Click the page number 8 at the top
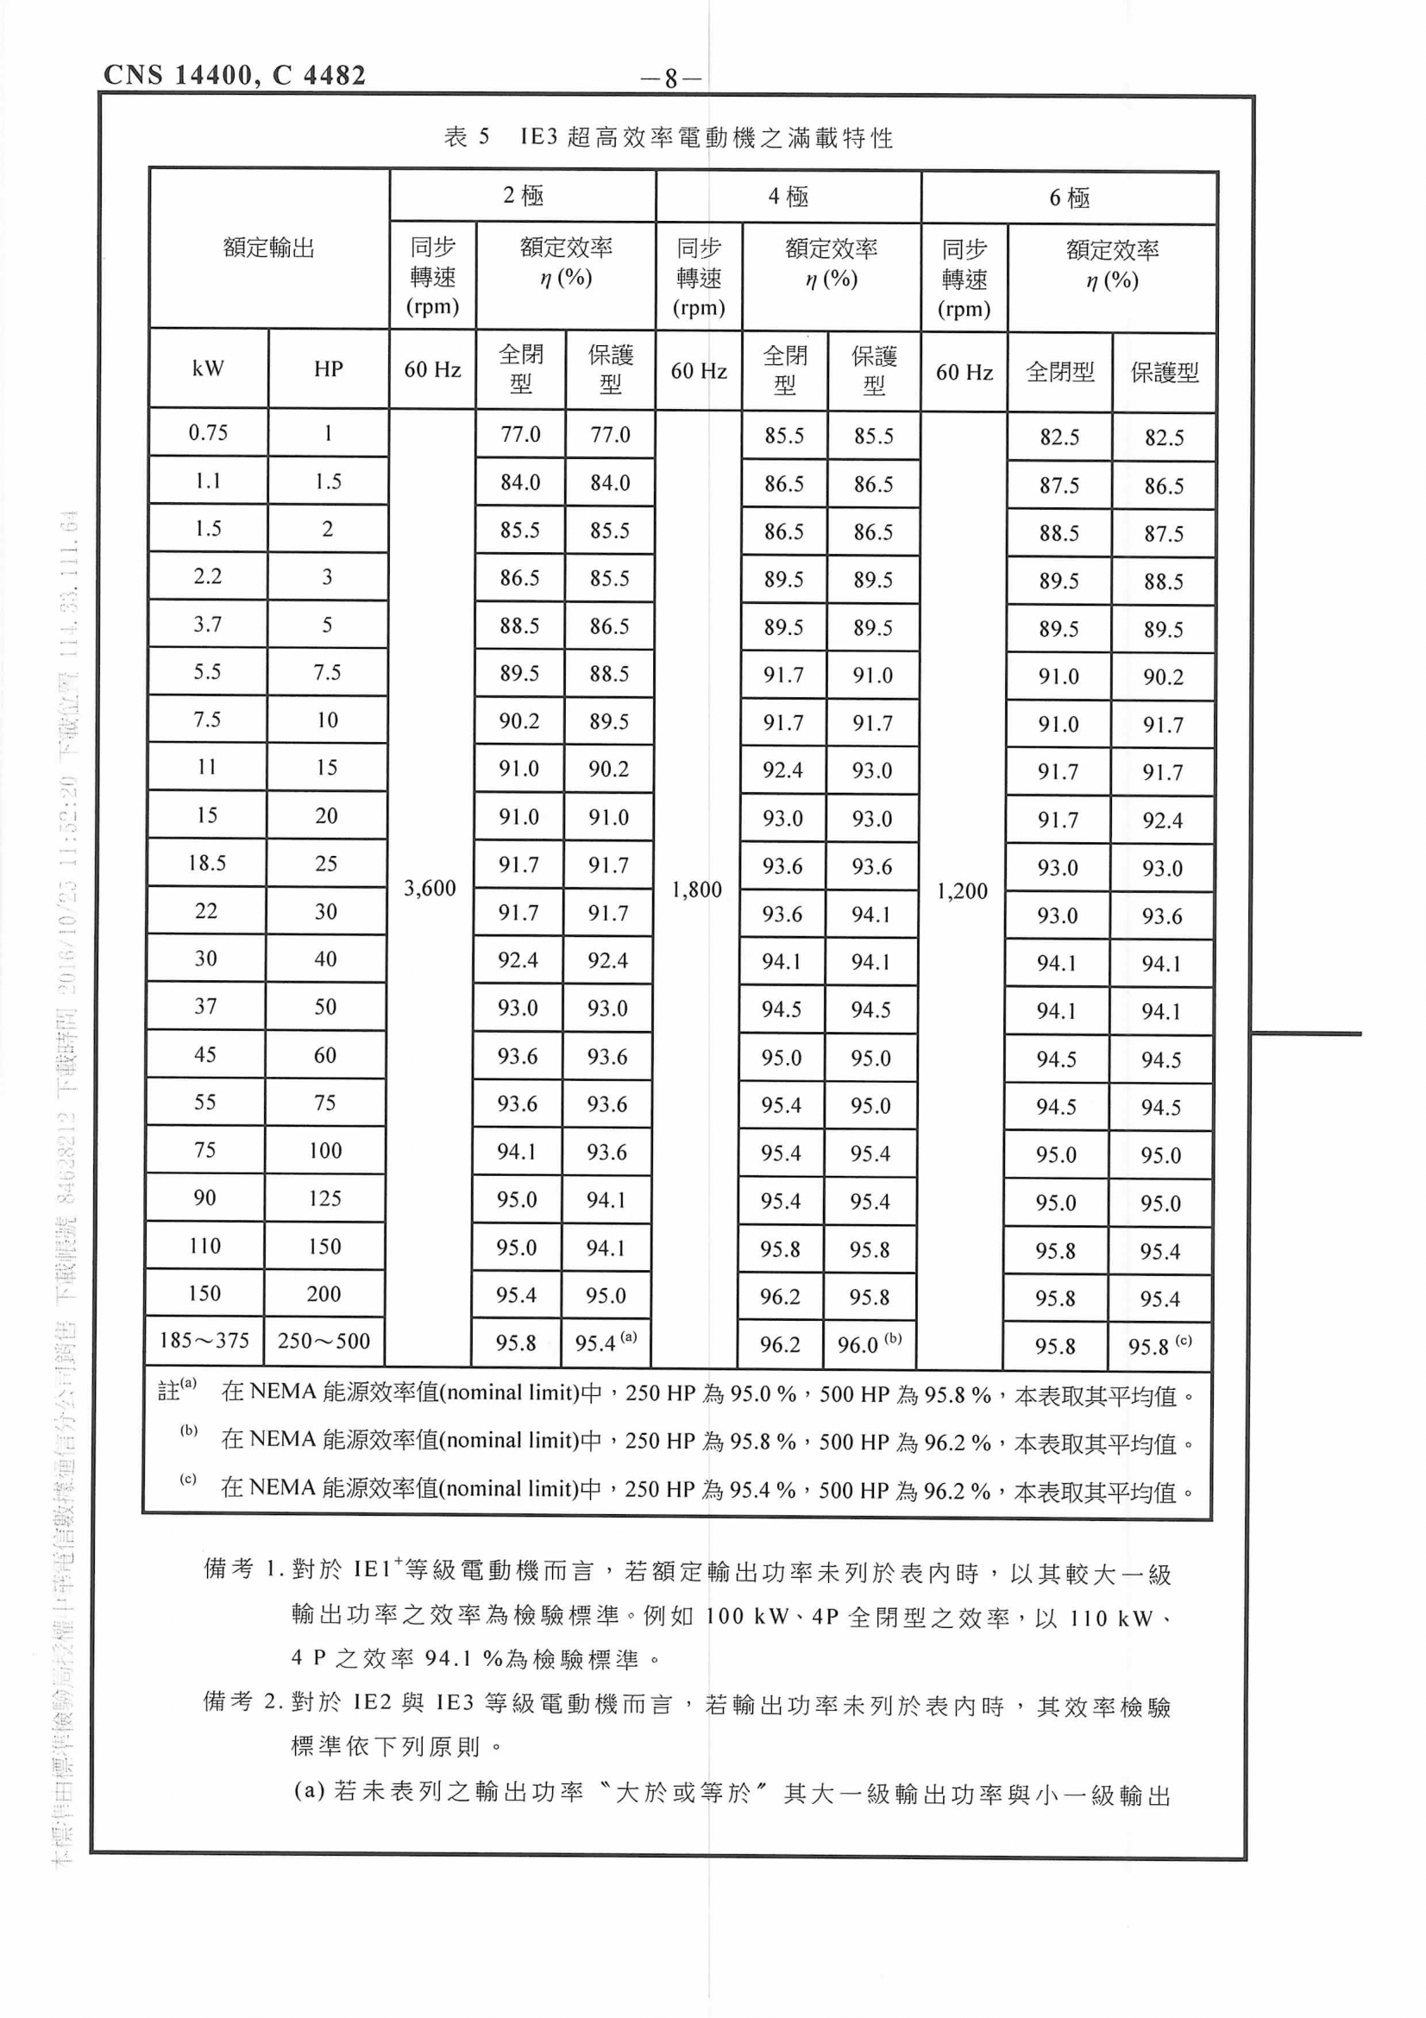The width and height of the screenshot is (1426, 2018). (670, 79)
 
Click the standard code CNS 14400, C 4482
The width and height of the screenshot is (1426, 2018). (235, 76)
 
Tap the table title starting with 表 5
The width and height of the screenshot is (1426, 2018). (668, 137)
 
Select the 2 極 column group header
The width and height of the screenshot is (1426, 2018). (523, 195)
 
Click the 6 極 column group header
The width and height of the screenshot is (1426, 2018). (1069, 198)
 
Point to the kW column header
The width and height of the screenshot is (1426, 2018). (208, 368)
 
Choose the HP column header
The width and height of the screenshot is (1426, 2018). (328, 369)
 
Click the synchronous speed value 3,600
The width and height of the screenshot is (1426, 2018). (430, 889)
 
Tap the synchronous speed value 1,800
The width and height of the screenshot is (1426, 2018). (697, 890)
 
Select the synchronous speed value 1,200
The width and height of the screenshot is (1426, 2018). (962, 891)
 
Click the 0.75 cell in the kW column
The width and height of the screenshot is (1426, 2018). (208, 432)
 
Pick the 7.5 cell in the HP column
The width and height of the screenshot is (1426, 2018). (327, 672)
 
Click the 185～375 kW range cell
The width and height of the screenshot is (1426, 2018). (204, 1341)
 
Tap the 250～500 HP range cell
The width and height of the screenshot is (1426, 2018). (324, 1342)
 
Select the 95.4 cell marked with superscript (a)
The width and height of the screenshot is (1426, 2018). (606, 1342)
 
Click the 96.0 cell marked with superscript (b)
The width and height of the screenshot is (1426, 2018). (869, 1344)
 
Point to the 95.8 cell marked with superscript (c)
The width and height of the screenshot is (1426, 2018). (1159, 1346)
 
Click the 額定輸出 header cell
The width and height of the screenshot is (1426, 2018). (269, 248)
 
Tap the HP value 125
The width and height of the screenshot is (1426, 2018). (324, 1198)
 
